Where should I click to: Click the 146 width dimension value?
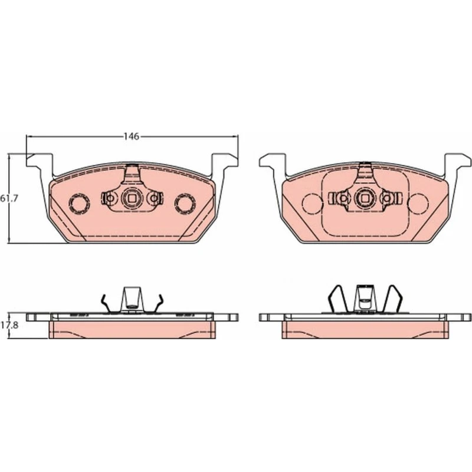pos(132,137)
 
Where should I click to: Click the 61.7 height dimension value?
pos(9,198)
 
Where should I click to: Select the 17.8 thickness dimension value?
pos(9,325)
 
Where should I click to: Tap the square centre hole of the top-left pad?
pos(132,198)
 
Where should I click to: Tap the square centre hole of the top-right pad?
pos(365,198)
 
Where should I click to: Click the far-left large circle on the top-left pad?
pos(79,204)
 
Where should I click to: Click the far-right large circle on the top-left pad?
pos(185,204)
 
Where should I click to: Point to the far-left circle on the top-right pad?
pos(313,204)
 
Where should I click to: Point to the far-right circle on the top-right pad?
pos(418,204)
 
